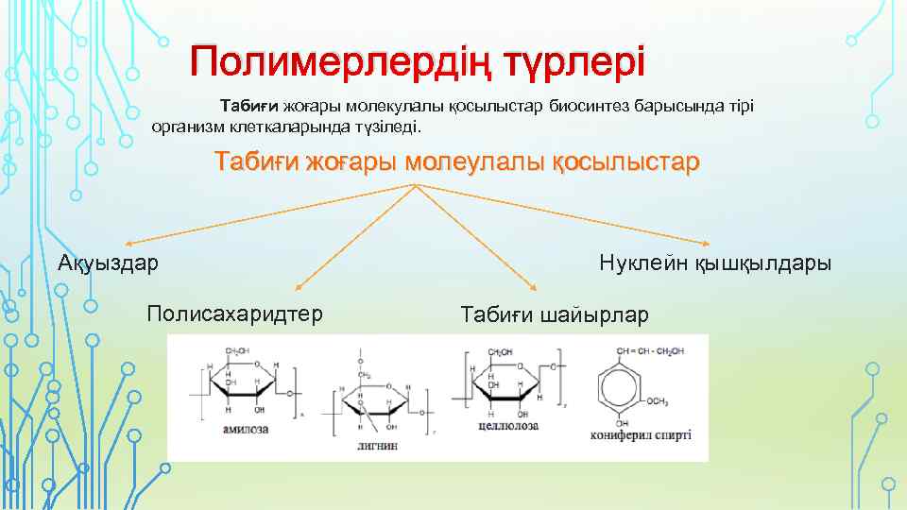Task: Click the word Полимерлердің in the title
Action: click(x=340, y=63)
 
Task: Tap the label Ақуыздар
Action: click(x=109, y=263)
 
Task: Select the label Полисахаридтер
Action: click(x=234, y=313)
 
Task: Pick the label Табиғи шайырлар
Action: click(x=554, y=314)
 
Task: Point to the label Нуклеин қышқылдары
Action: click(x=715, y=263)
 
